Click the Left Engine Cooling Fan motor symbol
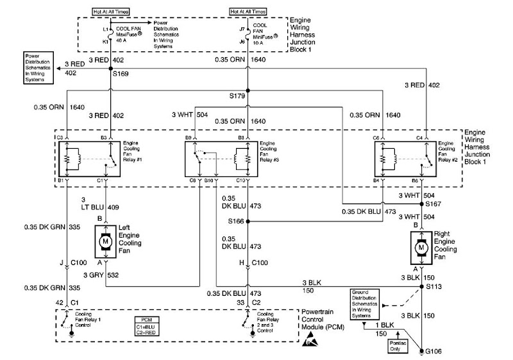pyautogui.click(x=104, y=242)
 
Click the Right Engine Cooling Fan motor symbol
pyautogui.click(x=421, y=246)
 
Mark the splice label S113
pyautogui.click(x=435, y=287)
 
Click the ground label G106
pyautogui.click(x=435, y=351)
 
